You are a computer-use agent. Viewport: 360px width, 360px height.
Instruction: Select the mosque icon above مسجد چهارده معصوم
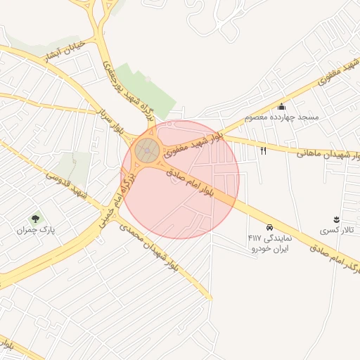[x=282, y=106]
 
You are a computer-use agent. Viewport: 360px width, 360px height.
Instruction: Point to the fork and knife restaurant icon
[x=264, y=150]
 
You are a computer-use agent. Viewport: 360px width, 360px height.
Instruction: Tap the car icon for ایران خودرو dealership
[x=270, y=227]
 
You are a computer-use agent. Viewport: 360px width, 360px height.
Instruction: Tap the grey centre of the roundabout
[x=147, y=149]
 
